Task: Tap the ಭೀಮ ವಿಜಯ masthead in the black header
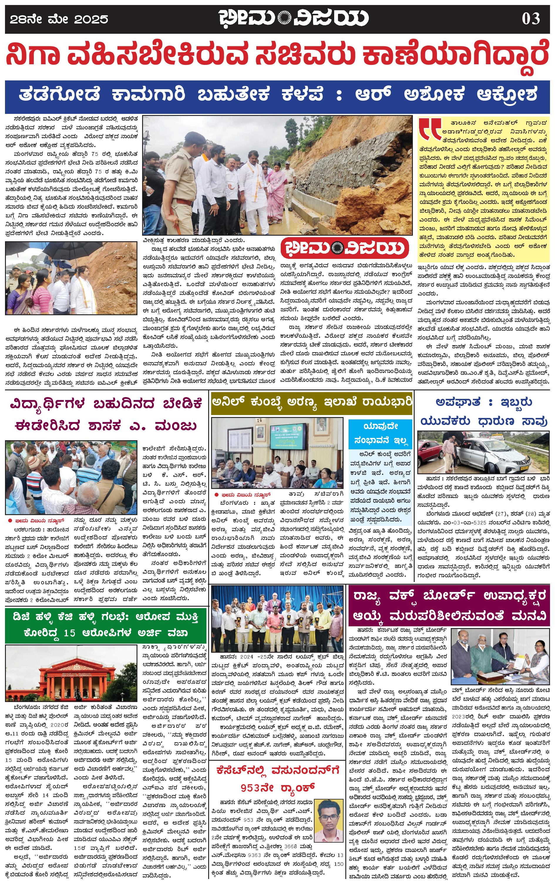294,18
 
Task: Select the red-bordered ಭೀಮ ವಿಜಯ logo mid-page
345,248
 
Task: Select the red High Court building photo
71,674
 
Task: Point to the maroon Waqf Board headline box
450,605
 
